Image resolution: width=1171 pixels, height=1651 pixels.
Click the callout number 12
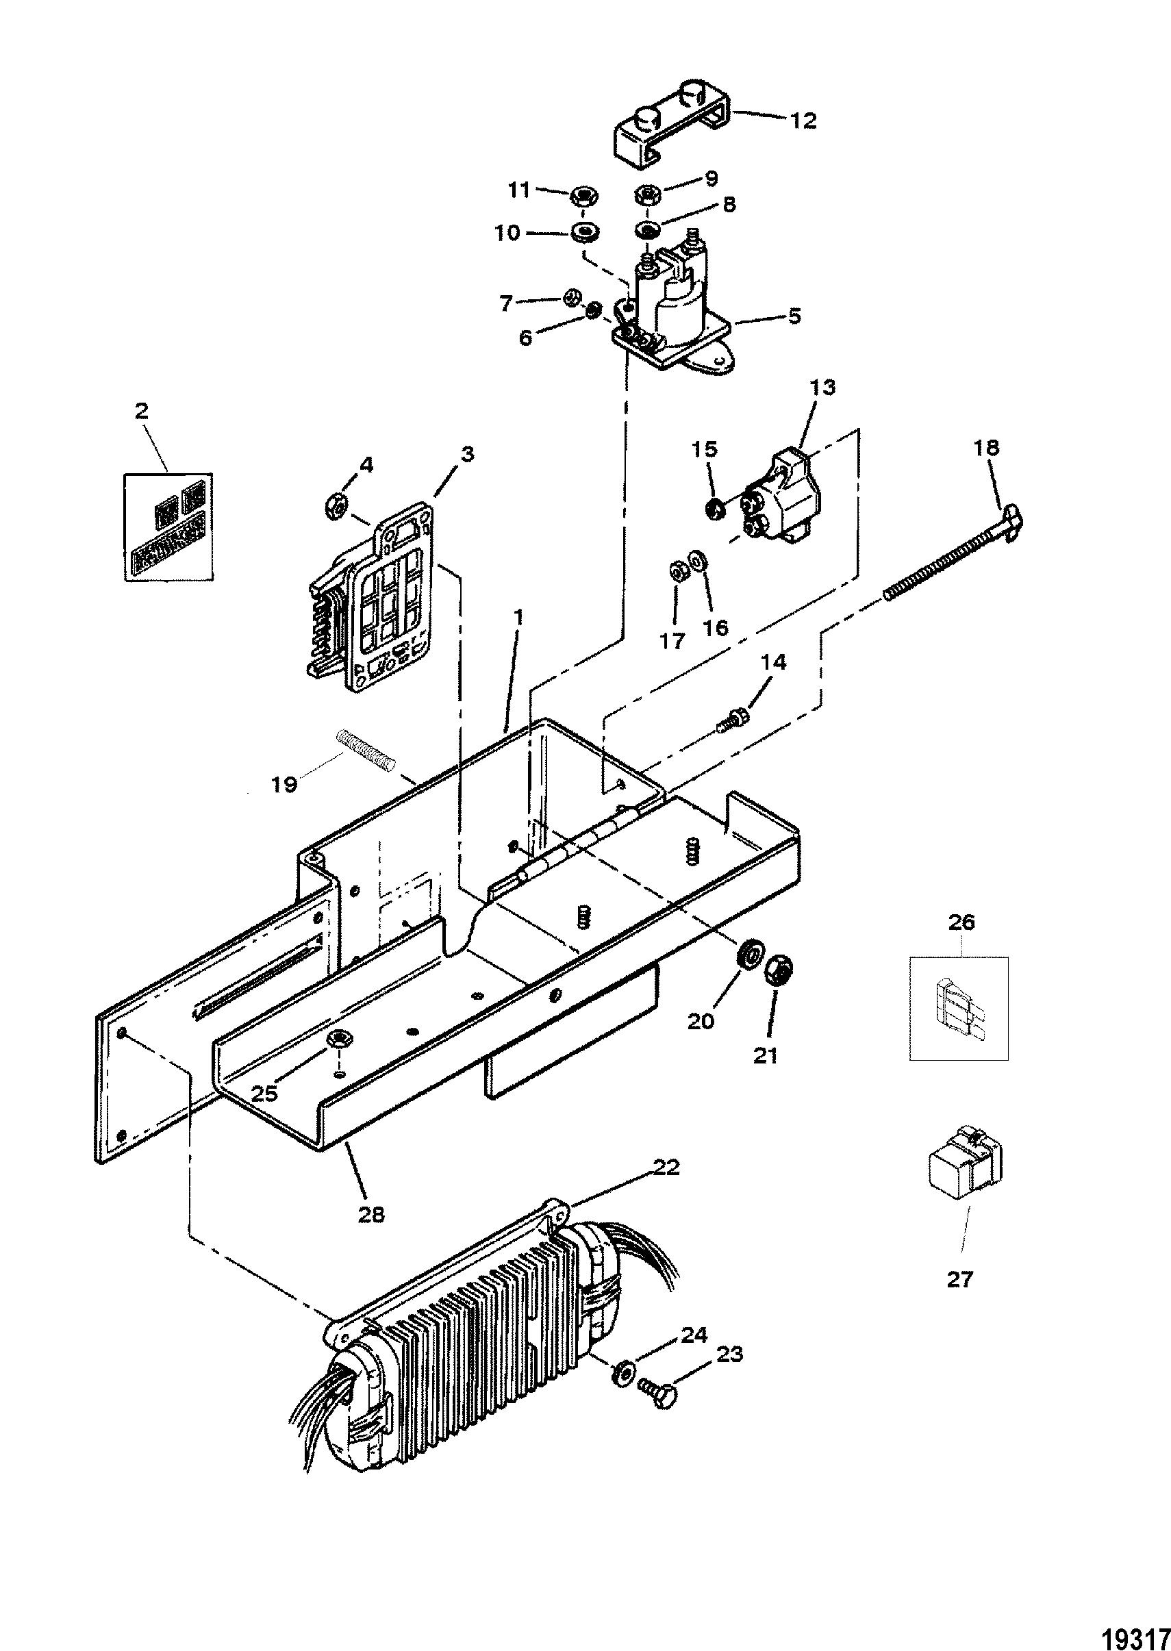click(803, 121)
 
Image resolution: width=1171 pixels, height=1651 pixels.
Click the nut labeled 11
click(581, 194)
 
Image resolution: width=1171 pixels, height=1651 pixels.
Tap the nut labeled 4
click(337, 507)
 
